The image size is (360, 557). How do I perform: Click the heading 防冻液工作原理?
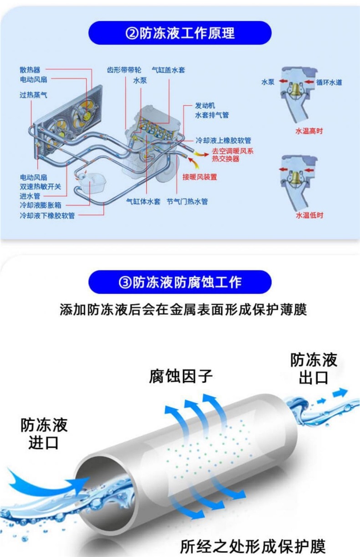180,33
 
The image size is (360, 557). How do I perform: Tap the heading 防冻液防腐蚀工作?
180,282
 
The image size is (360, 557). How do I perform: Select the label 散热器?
30,70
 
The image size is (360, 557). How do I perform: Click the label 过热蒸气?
33,95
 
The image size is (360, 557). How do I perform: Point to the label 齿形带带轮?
124,70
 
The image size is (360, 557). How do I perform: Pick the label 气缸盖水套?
168,70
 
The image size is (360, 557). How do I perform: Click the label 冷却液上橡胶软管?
223,140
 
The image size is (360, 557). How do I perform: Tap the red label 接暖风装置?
200,177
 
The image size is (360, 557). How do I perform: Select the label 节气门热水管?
187,201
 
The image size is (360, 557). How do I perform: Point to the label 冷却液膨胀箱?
40,205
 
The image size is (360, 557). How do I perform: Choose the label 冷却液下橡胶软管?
47,215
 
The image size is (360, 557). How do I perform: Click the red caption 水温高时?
309,131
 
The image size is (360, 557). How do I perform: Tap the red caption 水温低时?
309,215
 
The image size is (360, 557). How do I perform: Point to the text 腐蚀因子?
180,377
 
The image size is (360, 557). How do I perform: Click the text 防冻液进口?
44,434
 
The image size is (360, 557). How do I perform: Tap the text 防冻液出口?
314,368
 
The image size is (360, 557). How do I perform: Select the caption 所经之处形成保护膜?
253,546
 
